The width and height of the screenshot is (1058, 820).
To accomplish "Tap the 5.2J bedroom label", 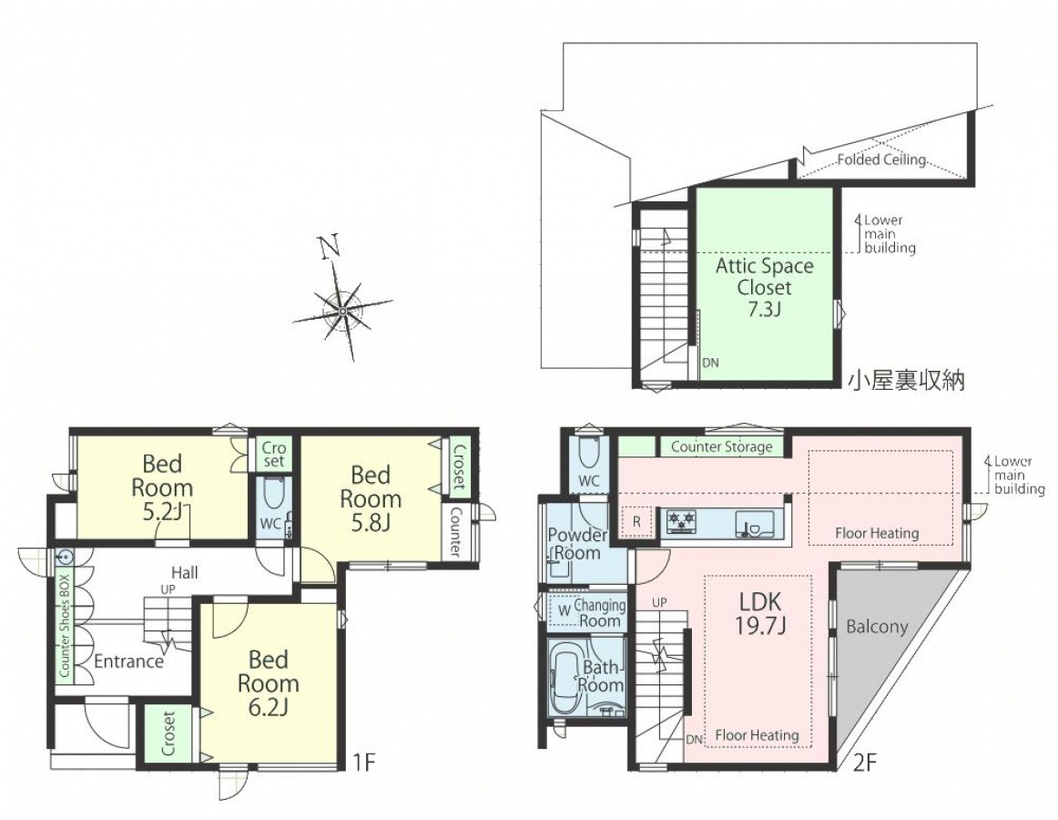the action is coord(163,487).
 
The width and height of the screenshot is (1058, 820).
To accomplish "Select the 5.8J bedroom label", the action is coord(371,497).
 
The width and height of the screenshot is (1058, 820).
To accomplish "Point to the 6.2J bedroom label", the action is coord(268,682).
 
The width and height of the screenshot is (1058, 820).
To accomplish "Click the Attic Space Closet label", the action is coord(765,287).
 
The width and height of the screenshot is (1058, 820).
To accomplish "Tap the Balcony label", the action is coord(877,627).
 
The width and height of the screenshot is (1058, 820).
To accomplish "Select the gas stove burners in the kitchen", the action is coord(681,521).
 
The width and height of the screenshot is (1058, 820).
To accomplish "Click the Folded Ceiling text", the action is coord(881,160).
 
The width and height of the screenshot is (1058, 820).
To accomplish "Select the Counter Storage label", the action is coord(721,446).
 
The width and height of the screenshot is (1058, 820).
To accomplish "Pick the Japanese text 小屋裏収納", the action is coord(906,381).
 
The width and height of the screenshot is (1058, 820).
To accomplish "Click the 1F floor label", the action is coord(363,763).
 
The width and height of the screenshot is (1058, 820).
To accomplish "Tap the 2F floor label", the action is coord(864,763).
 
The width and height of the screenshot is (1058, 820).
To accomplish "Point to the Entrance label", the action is coord(129,661).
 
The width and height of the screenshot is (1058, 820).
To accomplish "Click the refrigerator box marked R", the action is coord(636,522).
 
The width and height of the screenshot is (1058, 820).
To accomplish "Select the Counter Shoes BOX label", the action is coord(65,626).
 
